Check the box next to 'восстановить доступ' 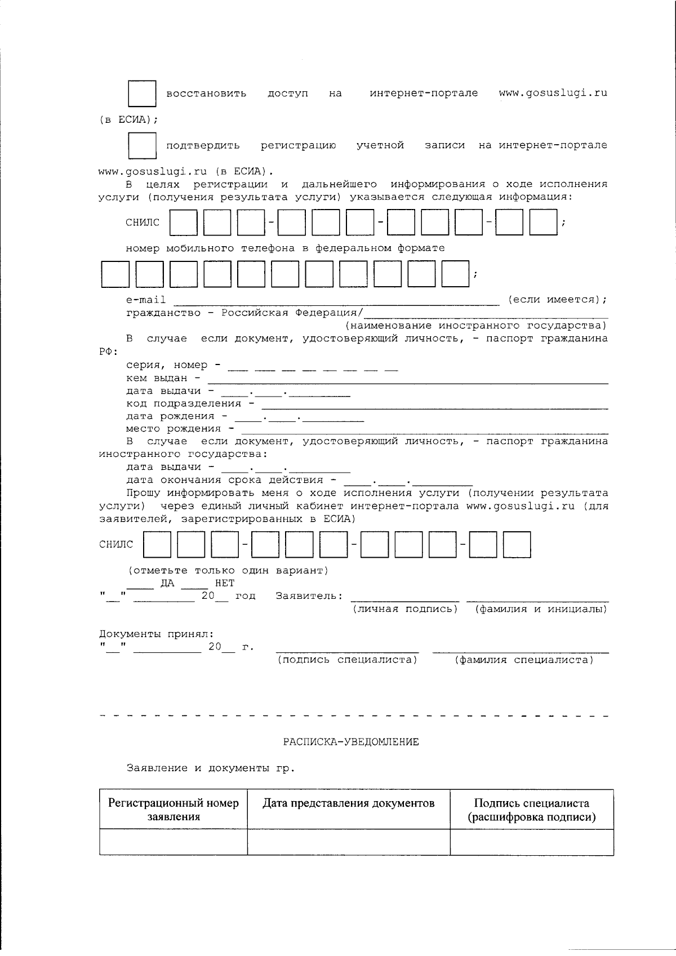tap(142, 94)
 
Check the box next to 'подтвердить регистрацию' tap(142, 146)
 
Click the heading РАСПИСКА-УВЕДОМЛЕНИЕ tap(350, 742)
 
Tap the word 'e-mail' tap(146, 300)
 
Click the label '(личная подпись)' tap(405, 609)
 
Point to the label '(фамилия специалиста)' tap(524, 660)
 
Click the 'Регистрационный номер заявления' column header tap(174, 810)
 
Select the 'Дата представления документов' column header tap(349, 803)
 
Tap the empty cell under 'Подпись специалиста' tap(531, 842)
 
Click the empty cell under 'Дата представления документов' tap(349, 842)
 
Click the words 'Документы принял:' tap(157, 634)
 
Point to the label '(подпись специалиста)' tap(347, 660)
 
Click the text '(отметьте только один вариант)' tap(228, 570)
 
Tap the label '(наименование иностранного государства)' tap(476, 326)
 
